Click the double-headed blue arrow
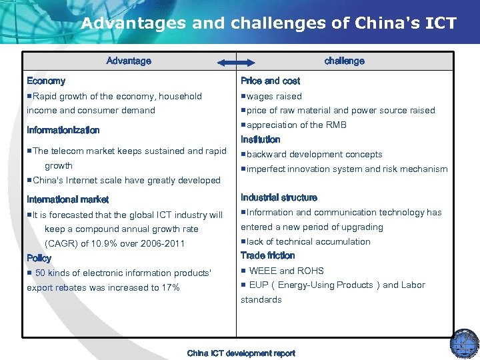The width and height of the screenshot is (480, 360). [236, 63]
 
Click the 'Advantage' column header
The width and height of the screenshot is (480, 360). [129, 61]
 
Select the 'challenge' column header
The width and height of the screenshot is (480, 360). [344, 61]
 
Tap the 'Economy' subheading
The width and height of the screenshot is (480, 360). [46, 81]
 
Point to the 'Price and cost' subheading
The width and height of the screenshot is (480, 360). [270, 81]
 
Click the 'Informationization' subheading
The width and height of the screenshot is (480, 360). [63, 130]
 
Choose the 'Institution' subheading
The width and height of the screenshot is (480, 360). [260, 139]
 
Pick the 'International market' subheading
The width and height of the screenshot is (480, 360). [67, 199]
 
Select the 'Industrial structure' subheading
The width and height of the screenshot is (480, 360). [279, 197]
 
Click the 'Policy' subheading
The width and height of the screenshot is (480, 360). [39, 257]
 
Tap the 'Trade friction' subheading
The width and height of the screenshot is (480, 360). [267, 255]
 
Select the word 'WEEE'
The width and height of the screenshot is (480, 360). [263, 271]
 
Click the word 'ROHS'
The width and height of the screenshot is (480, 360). [311, 271]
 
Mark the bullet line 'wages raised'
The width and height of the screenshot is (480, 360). [274, 96]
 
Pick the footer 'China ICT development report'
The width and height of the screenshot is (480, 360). [241, 353]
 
